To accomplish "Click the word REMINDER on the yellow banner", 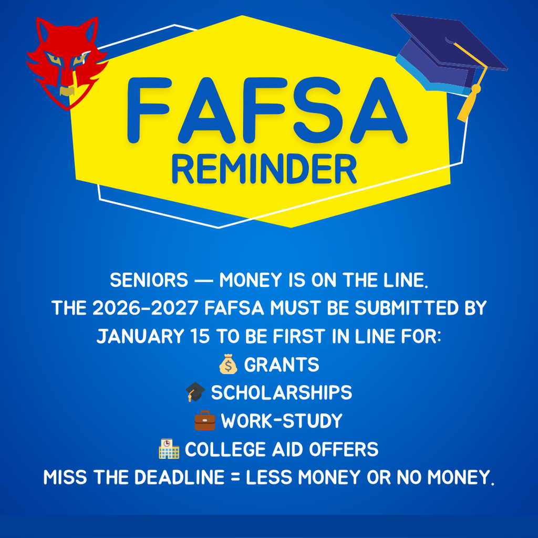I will point(264,170).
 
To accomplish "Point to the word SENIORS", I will point(149,281).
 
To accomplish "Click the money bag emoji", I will point(228,365).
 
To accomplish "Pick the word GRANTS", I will point(282,365).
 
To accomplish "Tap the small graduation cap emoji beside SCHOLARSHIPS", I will point(195,392).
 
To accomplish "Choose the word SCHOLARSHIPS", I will point(282,392).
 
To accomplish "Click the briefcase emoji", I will point(205,421).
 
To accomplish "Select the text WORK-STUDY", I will point(282,421).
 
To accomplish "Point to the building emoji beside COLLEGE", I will point(169,450).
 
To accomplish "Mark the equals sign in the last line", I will point(235,478).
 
